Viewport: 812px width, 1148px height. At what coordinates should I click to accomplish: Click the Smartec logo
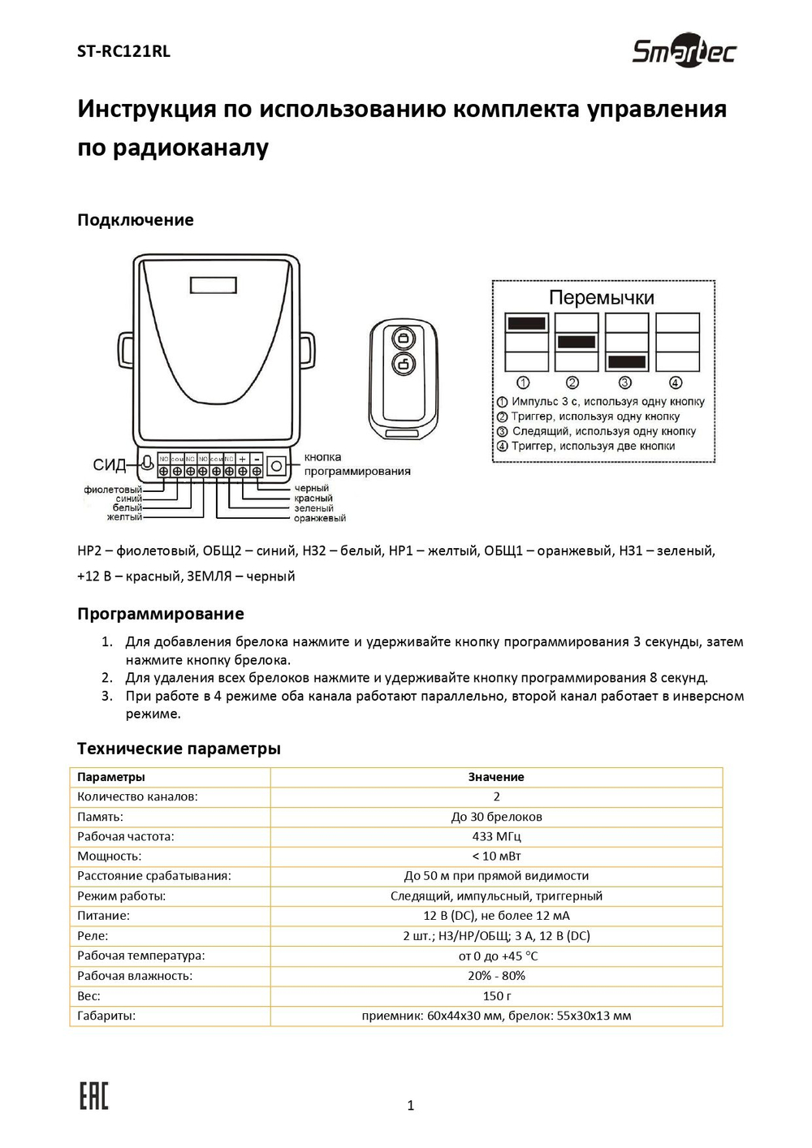click(x=684, y=51)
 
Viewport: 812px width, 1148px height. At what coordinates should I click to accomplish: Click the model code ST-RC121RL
click(x=123, y=51)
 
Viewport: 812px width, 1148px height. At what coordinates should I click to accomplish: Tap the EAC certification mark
click(x=93, y=1095)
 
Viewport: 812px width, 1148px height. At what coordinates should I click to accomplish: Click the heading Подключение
click(x=135, y=220)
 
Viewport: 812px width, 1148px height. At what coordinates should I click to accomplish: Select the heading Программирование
click(x=160, y=614)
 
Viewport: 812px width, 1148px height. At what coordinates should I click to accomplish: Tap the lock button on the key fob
click(x=404, y=338)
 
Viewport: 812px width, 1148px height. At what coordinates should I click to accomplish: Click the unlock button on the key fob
click(x=404, y=364)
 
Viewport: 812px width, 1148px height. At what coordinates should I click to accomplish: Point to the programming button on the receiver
click(x=277, y=466)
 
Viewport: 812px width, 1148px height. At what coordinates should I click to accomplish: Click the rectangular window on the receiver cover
click(x=214, y=285)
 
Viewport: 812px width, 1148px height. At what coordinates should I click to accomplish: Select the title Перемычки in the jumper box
click(x=601, y=298)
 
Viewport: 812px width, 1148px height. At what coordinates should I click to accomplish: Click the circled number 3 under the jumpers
click(x=625, y=382)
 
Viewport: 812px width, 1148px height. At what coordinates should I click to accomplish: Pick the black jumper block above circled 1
click(x=527, y=323)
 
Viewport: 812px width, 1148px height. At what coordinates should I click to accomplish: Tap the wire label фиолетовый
click(x=113, y=490)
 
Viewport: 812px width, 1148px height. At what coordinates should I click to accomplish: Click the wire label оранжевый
click(x=319, y=518)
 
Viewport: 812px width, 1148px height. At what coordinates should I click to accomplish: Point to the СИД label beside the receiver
click(x=110, y=465)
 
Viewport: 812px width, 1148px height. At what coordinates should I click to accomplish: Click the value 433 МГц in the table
click(x=496, y=836)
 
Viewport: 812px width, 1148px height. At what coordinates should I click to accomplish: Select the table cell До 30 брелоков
click(x=496, y=817)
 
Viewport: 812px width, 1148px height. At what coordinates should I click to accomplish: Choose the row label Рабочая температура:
click(x=141, y=956)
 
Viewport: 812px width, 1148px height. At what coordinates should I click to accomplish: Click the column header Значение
click(x=496, y=777)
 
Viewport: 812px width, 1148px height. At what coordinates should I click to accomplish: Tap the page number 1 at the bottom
click(x=410, y=1105)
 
